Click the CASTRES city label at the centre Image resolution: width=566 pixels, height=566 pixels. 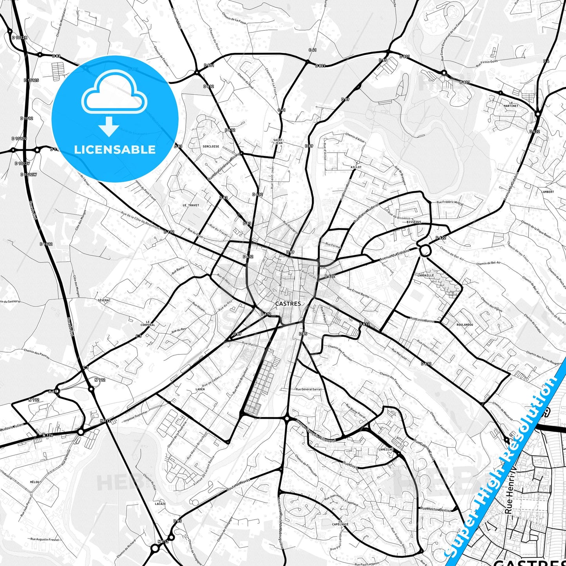(288, 304)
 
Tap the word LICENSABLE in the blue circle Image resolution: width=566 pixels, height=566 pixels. (115, 149)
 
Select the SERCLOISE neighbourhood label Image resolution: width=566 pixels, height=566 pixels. (211, 146)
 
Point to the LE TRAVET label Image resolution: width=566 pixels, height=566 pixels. (191, 205)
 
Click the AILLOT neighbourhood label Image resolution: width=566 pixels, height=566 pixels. (356, 167)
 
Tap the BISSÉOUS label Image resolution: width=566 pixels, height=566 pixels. (414, 222)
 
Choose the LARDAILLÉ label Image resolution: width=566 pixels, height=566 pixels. (426, 275)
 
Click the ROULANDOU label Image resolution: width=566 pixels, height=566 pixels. (465, 325)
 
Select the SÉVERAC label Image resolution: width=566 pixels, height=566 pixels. (104, 300)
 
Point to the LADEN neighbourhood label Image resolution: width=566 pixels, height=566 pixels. (200, 389)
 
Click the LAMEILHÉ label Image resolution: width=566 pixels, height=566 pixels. (386, 450)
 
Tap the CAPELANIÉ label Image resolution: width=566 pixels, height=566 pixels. (340, 524)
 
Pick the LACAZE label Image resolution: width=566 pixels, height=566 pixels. (160, 504)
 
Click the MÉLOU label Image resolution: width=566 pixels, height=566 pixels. (34, 483)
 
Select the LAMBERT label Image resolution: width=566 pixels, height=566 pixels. (548, 192)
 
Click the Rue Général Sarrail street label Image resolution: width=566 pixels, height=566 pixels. (309, 389)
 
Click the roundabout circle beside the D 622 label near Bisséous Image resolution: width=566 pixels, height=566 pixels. (425, 250)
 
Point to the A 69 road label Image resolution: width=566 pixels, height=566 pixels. (53, 391)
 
